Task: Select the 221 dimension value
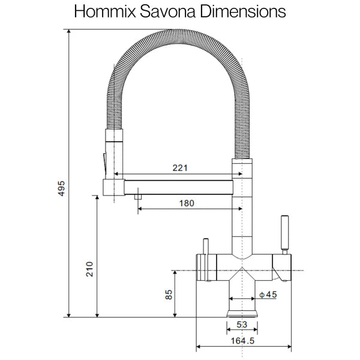(179, 169)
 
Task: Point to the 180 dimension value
(187, 203)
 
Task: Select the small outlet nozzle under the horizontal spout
(137, 196)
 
